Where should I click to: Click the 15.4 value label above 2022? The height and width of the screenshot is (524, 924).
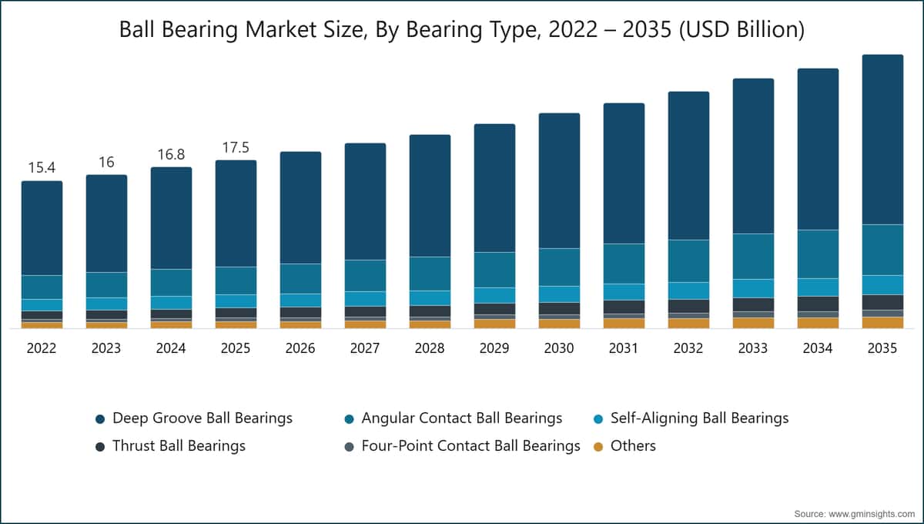point(42,168)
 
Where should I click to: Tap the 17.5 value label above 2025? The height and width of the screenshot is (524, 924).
point(236,147)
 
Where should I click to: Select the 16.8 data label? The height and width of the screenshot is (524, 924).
point(171,154)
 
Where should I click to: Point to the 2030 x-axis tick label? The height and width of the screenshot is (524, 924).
point(559,348)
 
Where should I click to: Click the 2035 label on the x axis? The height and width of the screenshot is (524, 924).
point(882,348)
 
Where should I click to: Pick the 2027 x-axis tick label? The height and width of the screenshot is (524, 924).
point(365,348)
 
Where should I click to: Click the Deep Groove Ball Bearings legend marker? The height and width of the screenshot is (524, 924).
point(100,419)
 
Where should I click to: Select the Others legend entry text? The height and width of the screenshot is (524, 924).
point(633,446)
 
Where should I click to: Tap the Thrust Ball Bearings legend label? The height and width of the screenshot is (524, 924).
point(179,446)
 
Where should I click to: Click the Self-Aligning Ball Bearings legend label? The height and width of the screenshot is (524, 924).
point(700,418)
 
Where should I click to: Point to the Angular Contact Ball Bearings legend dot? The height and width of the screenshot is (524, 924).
point(349,419)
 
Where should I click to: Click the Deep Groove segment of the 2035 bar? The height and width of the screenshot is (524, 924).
point(882,139)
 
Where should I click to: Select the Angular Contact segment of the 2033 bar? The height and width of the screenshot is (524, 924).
point(753,257)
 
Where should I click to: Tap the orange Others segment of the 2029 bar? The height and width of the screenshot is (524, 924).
point(494,324)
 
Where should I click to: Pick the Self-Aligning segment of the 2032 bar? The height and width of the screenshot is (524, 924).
point(688,291)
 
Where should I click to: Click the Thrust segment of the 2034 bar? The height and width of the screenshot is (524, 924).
point(818,304)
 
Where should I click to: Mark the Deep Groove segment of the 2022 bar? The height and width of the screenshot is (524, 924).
point(42,228)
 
